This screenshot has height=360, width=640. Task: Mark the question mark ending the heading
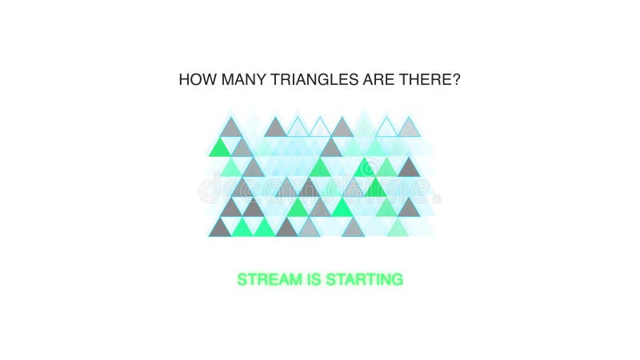(x=457, y=80)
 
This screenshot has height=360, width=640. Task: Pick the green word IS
(x=313, y=280)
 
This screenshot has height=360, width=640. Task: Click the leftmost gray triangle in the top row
(x=230, y=128)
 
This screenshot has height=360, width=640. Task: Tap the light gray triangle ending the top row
(x=409, y=128)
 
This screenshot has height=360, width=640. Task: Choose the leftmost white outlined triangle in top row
(x=298, y=128)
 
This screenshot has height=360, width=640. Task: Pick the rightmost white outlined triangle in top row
(x=386, y=128)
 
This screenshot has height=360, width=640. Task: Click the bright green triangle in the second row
(x=219, y=149)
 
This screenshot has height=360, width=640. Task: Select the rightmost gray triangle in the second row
(x=330, y=149)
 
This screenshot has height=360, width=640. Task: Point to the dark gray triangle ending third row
(x=409, y=168)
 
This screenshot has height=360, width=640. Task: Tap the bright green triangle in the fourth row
(x=375, y=189)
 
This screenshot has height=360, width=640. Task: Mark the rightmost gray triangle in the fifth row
(x=409, y=208)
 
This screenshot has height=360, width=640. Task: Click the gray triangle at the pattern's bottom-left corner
(x=219, y=229)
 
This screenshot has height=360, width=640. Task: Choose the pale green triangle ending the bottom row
(x=398, y=229)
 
